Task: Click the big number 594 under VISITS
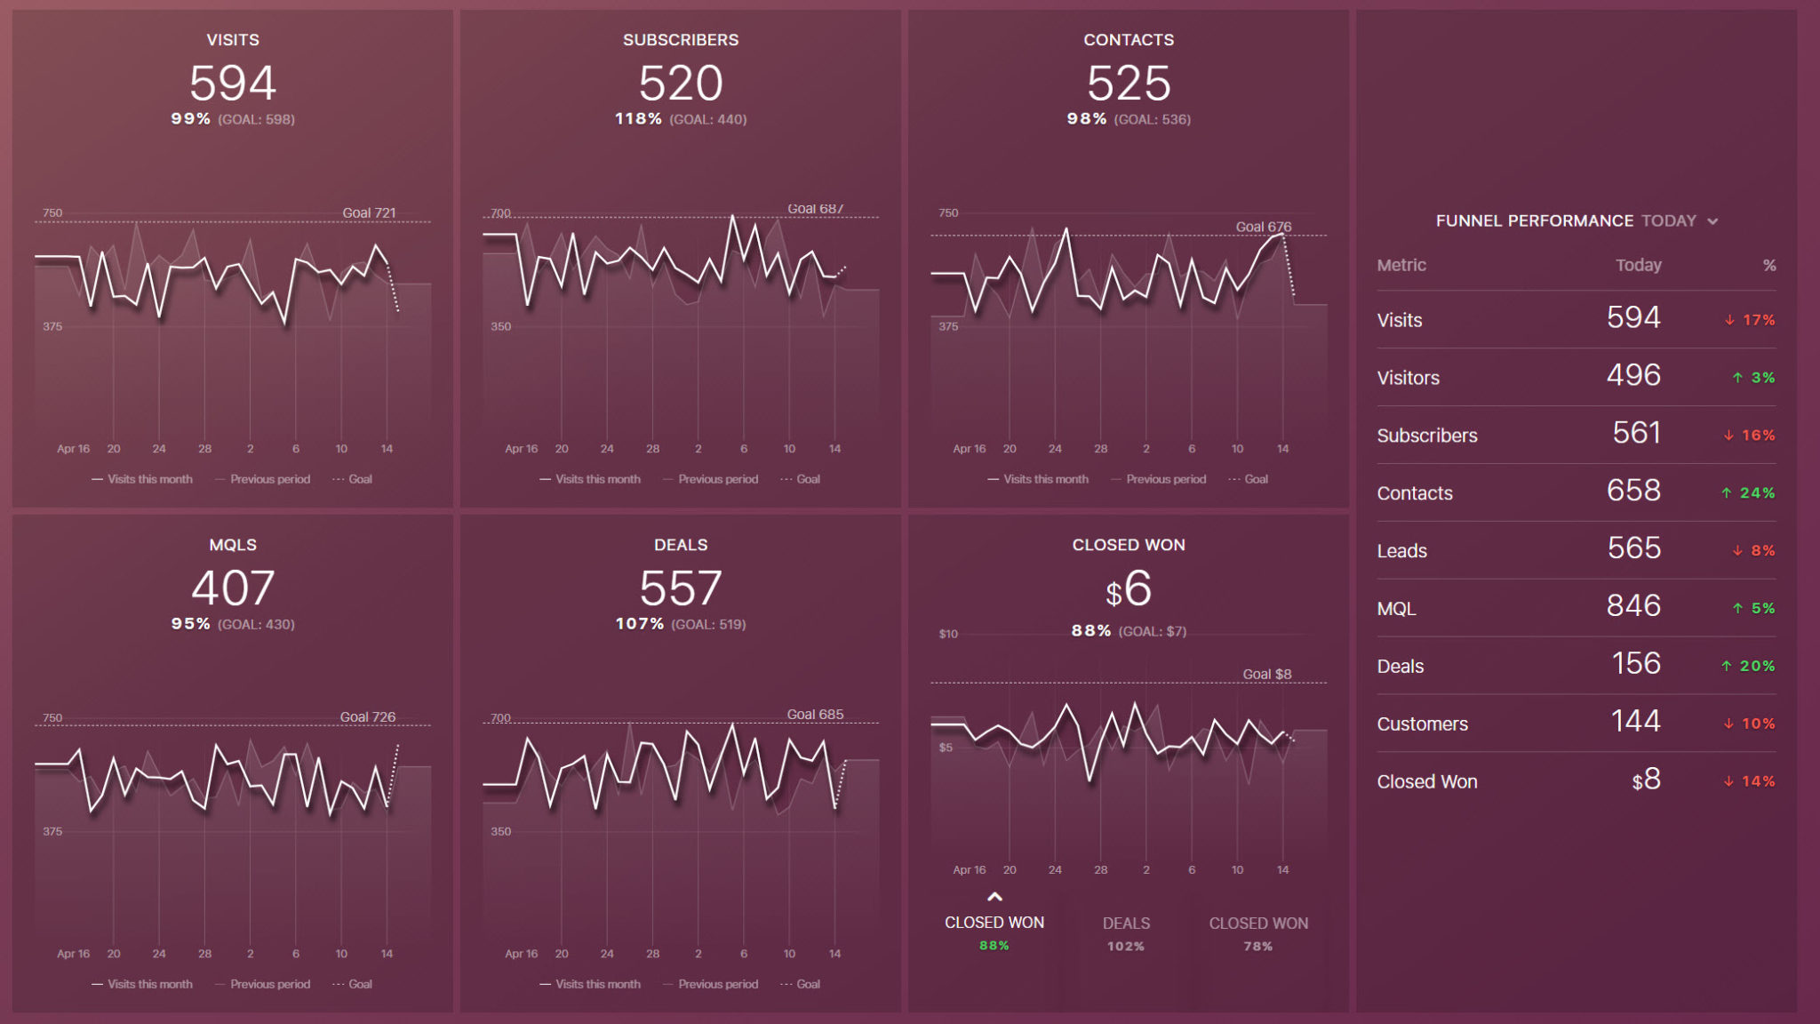(233, 84)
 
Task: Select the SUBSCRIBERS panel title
(681, 40)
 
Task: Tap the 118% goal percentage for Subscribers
(638, 119)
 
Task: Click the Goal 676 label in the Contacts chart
(1263, 227)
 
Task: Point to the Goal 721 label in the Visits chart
(369, 212)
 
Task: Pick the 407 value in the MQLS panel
(233, 588)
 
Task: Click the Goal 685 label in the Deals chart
(815, 715)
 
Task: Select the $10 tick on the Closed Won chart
(948, 634)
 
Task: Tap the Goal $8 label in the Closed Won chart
(1266, 674)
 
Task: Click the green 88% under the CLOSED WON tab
(994, 946)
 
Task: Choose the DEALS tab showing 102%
(1126, 932)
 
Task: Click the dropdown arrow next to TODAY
(1712, 221)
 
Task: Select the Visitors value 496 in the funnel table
(1632, 376)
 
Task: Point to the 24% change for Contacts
(1756, 492)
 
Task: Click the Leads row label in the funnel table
(1401, 551)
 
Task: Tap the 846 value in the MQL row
(1632, 606)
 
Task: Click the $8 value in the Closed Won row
(1646, 780)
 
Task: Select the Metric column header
(1401, 265)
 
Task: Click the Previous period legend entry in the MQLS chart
(269, 984)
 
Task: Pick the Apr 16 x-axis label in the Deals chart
(521, 954)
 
